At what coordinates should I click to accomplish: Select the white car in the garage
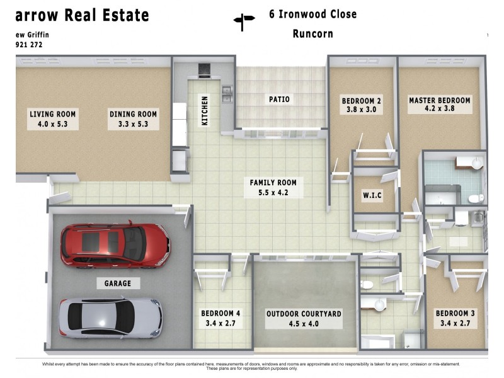pos(110,317)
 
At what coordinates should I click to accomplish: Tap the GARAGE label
pos(118,283)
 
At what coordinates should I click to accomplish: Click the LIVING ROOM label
pos(52,115)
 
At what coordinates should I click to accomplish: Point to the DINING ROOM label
pos(133,115)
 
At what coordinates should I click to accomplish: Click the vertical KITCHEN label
pos(204,110)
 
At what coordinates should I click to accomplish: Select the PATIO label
pos(279,99)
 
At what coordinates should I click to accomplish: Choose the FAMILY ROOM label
pos(273,183)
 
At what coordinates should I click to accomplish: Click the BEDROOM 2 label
pos(362,101)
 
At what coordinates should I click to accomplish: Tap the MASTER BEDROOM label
pos(439,101)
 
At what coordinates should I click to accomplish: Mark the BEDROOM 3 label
pos(455,313)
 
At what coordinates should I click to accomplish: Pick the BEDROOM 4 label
pos(220,313)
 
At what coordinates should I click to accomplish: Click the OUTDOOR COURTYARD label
pos(304,313)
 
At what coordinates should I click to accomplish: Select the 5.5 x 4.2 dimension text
pos(273,193)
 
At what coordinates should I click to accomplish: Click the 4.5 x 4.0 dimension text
pos(304,324)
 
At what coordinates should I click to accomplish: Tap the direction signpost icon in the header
pos(244,22)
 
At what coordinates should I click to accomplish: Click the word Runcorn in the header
pos(312,34)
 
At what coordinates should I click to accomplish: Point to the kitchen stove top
pos(205,70)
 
